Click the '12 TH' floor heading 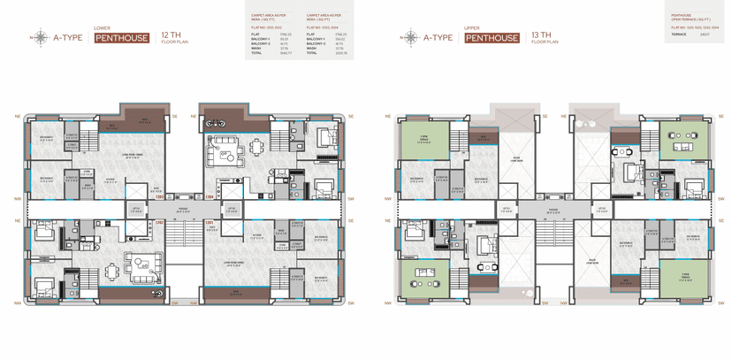[171, 34]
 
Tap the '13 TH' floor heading [541, 34]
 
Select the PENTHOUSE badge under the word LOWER [122, 38]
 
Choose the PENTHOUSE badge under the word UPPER [492, 38]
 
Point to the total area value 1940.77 [285, 53]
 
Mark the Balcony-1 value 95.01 [284, 39]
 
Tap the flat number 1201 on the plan [210, 222]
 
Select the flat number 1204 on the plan [209, 196]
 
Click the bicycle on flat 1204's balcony [215, 124]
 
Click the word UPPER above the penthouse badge [471, 28]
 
